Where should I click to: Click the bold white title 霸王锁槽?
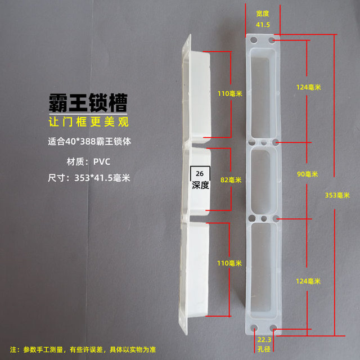(x=87, y=102)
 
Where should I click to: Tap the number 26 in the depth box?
(x=200, y=174)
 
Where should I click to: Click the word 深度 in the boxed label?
(x=200, y=185)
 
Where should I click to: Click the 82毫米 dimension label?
(x=231, y=180)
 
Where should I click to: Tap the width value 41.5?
(x=263, y=25)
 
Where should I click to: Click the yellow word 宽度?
(x=263, y=13)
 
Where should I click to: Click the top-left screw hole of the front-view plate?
(x=254, y=40)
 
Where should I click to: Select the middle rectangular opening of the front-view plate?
(x=263, y=179)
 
